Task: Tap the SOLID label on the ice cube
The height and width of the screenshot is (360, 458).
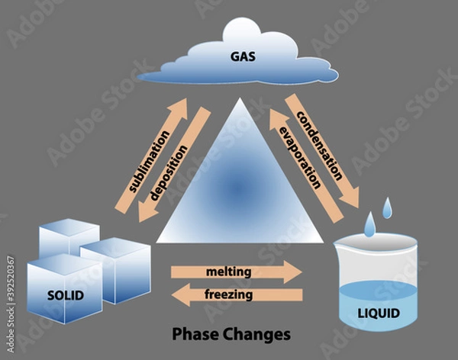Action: click(65, 295)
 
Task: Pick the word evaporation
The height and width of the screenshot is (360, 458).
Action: click(299, 157)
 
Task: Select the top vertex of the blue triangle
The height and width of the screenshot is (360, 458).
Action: click(239, 99)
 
